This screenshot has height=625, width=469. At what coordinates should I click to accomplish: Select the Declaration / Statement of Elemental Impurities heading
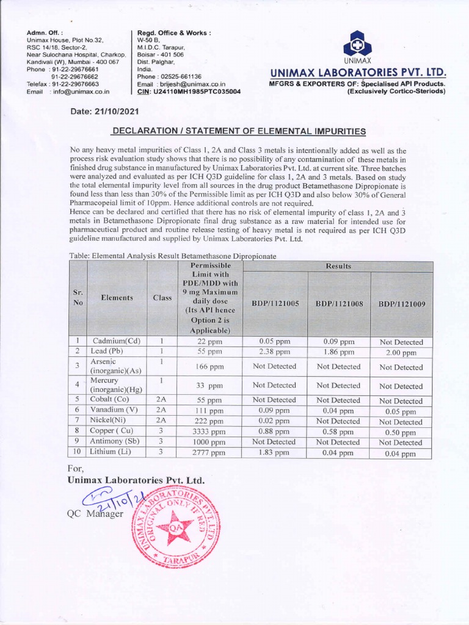point(239,131)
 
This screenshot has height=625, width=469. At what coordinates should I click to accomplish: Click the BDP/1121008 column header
point(338,303)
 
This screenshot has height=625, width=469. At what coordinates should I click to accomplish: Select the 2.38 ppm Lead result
point(274,352)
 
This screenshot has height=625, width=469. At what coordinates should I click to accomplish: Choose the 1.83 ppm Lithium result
point(274,452)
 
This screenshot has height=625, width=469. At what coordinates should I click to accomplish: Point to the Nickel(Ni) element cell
point(111,421)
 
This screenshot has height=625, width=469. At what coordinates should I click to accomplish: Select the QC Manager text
point(95,514)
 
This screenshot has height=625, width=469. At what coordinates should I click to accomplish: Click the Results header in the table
point(338,266)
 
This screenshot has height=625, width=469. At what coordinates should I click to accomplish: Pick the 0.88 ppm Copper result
point(274,432)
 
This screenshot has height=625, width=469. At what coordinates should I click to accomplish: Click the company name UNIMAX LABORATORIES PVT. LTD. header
point(358,73)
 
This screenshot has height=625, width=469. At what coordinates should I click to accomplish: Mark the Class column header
point(162,298)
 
